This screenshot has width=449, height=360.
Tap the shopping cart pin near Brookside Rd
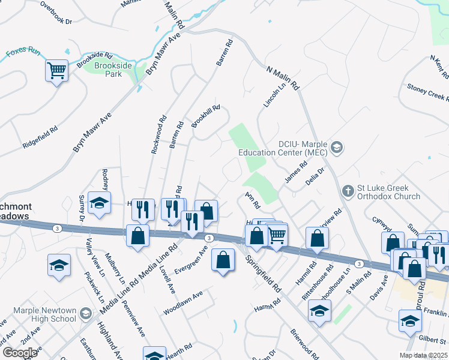56,72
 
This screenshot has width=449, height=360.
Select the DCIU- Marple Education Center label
303,148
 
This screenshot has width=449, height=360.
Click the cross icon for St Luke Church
347,191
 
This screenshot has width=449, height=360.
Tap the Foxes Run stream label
22,52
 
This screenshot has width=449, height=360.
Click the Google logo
20,353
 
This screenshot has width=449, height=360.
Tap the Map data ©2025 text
423,355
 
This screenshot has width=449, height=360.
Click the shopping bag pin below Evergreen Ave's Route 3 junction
223,261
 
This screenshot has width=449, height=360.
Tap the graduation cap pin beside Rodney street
100,203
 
